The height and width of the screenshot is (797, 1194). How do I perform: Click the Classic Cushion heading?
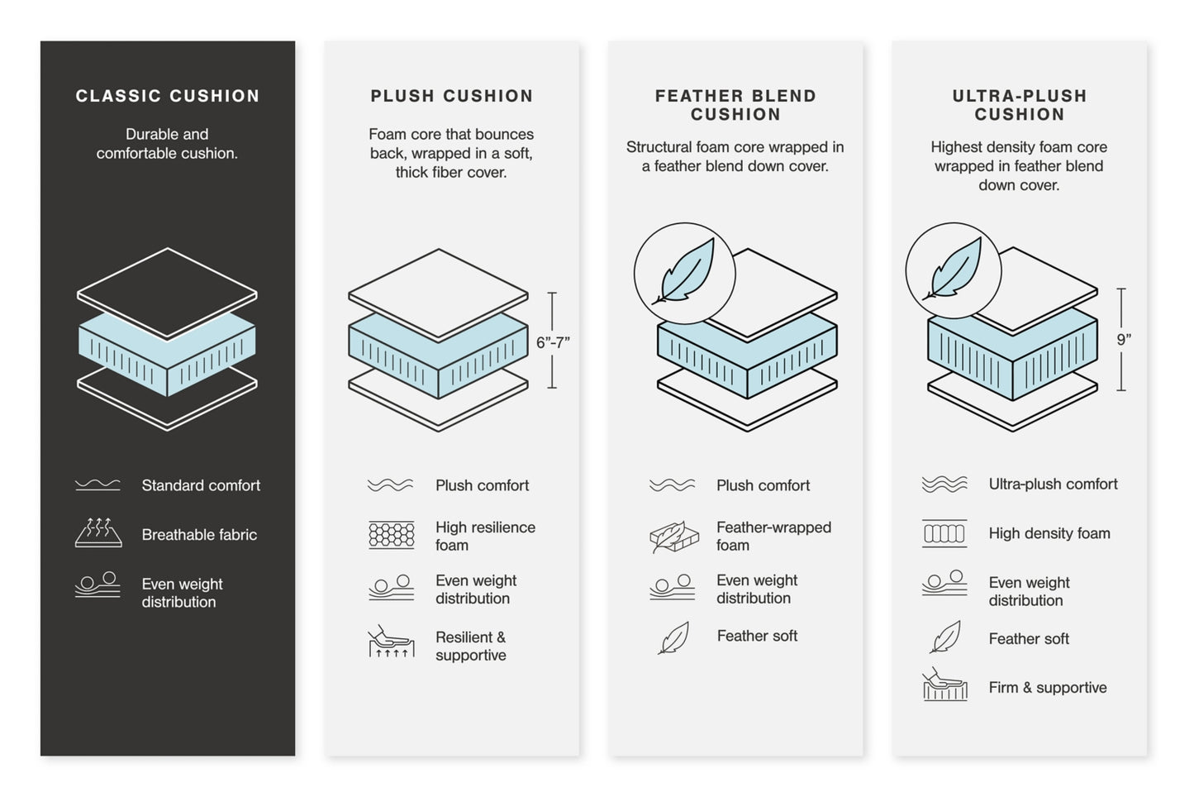168,96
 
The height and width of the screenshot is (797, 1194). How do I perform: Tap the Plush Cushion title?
451,96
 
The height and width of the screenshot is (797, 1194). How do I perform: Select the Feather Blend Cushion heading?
735,105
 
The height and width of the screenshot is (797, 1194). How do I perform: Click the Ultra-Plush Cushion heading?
1019,105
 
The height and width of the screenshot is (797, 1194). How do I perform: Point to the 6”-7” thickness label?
553,342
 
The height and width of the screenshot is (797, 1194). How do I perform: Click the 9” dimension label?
1123,339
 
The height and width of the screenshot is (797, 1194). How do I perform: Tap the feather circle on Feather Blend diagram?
684,273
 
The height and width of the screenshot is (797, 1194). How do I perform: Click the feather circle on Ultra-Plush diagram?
954,270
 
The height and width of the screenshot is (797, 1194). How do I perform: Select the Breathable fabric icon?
98,533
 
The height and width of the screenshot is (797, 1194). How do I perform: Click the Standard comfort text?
201,485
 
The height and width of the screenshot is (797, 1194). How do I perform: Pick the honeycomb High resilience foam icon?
391,536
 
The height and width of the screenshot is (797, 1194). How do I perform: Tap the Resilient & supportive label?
471,646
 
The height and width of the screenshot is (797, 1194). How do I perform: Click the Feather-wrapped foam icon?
674,537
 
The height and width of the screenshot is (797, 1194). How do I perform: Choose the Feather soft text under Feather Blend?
757,636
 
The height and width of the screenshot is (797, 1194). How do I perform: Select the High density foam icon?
944,533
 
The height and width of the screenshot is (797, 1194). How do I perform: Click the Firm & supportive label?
1048,687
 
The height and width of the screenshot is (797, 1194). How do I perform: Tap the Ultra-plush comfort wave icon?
944,484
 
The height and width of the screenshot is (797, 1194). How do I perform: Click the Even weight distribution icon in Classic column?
98,585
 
